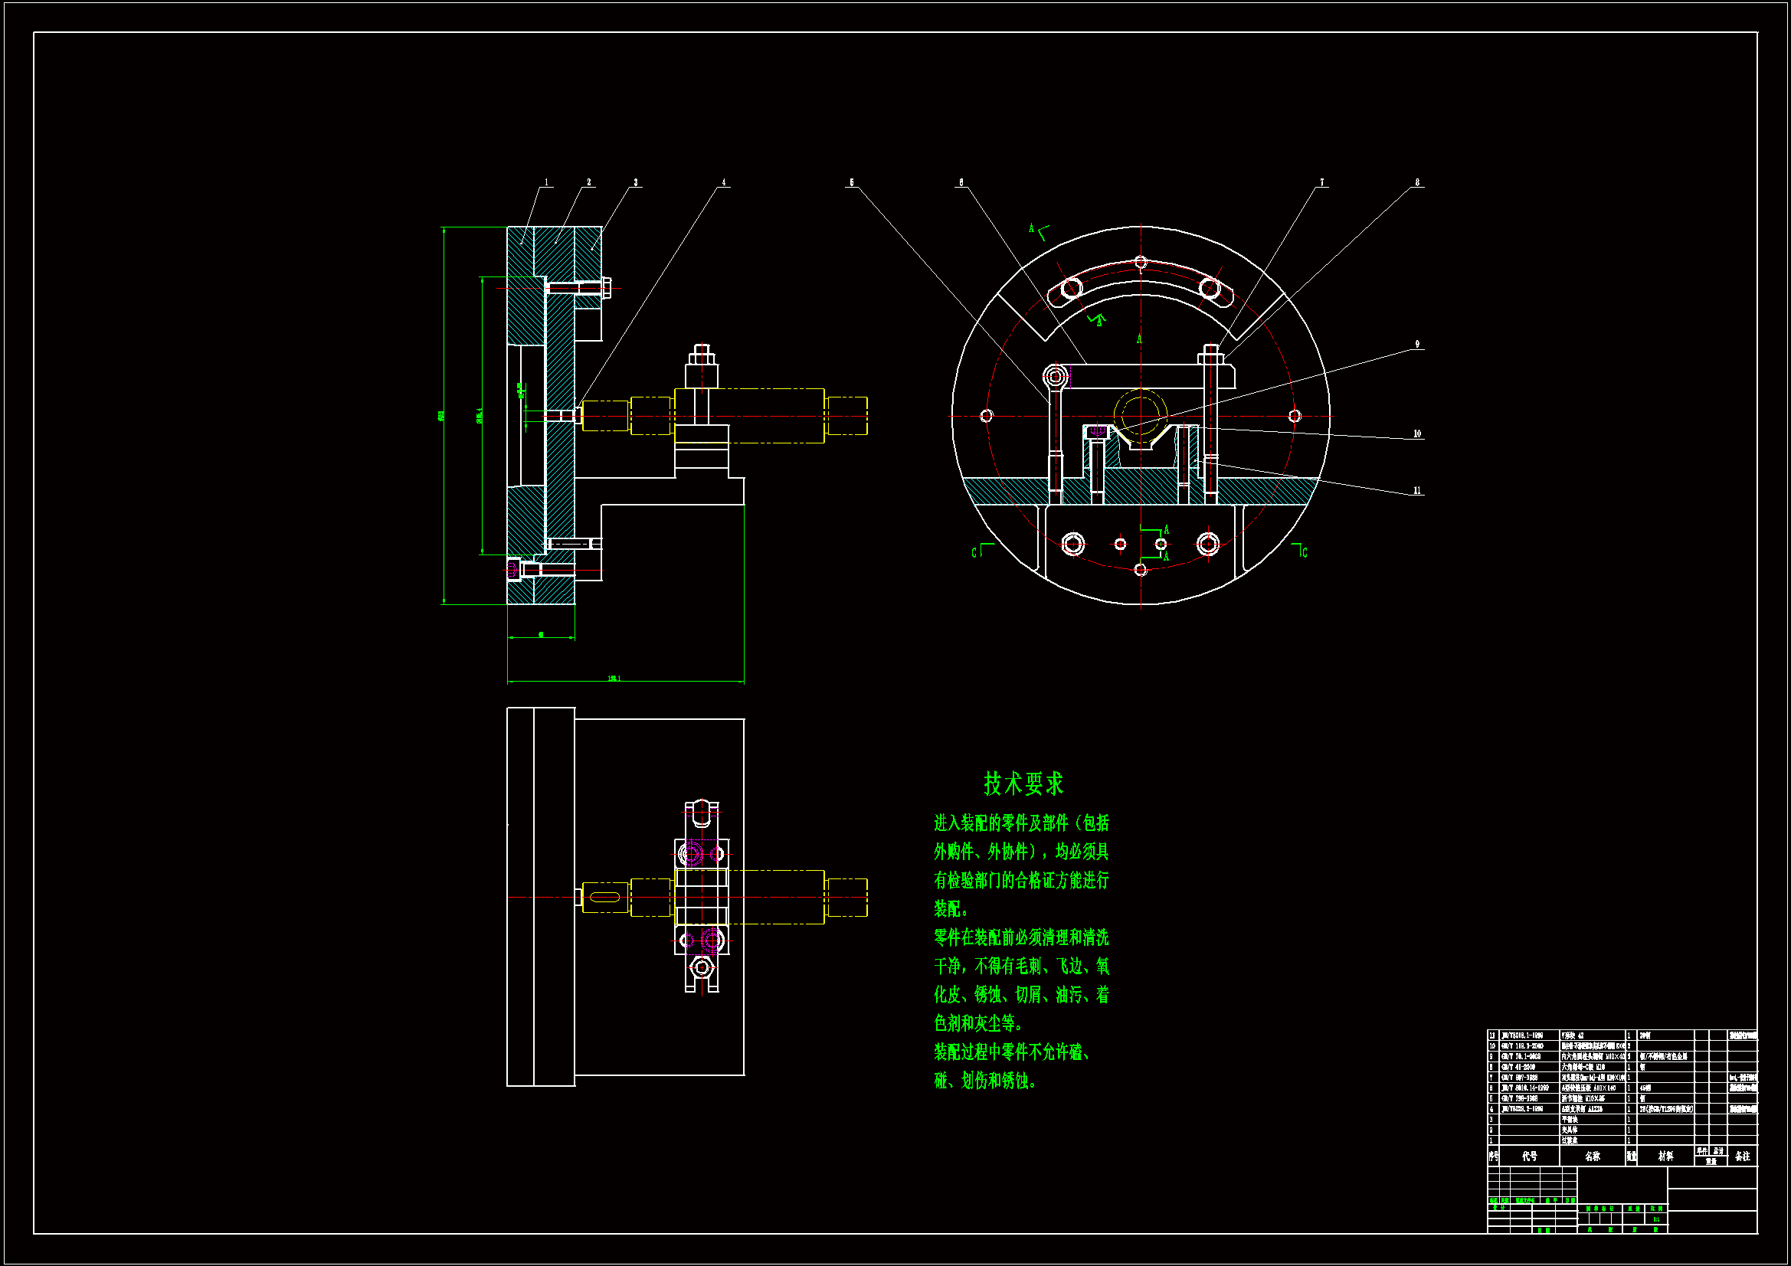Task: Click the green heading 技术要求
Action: [x=1023, y=783]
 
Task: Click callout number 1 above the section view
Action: [x=546, y=182]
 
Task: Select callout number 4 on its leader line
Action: [x=723, y=182]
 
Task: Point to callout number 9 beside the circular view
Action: [x=1417, y=344]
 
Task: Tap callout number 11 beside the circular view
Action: [x=1417, y=491]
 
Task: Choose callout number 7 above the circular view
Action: [x=1321, y=182]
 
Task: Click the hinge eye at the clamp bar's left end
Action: [x=1056, y=377]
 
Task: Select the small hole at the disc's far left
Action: [x=986, y=416]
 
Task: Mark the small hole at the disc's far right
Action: [x=1295, y=416]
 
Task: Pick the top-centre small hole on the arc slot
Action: [x=1141, y=262]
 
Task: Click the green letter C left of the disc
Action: [x=974, y=553]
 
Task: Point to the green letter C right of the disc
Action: [x=1305, y=553]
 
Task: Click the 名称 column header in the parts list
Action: [x=1592, y=1156]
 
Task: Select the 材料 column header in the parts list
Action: [x=1665, y=1156]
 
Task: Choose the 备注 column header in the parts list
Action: [x=1743, y=1156]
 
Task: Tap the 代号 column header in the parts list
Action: [x=1529, y=1156]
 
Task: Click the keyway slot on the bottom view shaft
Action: [x=604, y=898]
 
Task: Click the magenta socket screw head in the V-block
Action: [x=1097, y=432]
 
